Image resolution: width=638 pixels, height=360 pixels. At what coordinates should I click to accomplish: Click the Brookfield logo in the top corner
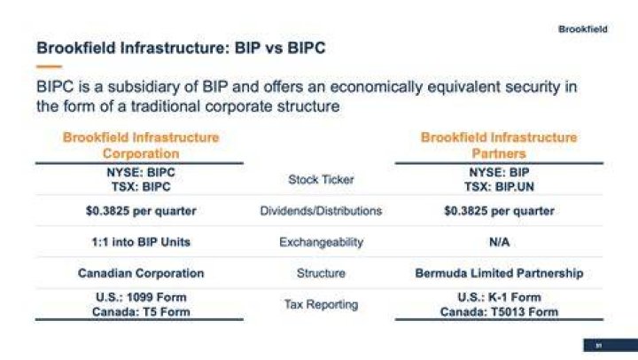583,29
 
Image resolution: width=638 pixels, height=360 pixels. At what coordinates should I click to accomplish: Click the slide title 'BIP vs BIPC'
280,48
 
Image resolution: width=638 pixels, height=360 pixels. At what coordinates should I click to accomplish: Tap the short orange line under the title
49,67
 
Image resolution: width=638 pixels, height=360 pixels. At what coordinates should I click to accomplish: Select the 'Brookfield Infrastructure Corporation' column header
141,145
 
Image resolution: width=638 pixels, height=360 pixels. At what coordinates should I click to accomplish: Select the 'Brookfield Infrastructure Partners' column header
499,145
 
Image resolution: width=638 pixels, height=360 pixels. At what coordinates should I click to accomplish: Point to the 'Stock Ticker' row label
321,180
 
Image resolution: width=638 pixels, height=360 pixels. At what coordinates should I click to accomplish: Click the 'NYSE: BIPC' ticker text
141,172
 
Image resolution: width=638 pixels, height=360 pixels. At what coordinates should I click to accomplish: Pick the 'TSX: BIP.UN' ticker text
499,187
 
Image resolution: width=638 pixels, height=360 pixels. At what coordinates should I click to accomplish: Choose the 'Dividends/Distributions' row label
321,211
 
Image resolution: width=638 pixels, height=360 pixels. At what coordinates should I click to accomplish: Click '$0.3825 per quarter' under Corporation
141,211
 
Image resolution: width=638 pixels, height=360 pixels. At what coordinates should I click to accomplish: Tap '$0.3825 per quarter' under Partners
499,211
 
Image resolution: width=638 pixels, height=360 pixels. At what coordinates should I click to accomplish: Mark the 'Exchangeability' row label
321,242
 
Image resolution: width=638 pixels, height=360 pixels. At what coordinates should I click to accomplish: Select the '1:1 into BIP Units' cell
141,242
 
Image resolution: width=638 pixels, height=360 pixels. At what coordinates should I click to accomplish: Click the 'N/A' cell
499,242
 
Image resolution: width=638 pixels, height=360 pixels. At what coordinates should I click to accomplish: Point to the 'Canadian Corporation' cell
141,273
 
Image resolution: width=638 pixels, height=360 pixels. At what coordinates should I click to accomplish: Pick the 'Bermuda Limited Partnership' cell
499,273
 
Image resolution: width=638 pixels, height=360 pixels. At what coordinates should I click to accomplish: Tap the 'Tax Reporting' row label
321,305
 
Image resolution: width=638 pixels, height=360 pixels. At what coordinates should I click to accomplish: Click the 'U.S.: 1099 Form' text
141,297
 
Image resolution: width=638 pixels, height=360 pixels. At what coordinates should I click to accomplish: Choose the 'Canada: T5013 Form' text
499,312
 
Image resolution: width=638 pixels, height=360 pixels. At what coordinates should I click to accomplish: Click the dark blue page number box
611,345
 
